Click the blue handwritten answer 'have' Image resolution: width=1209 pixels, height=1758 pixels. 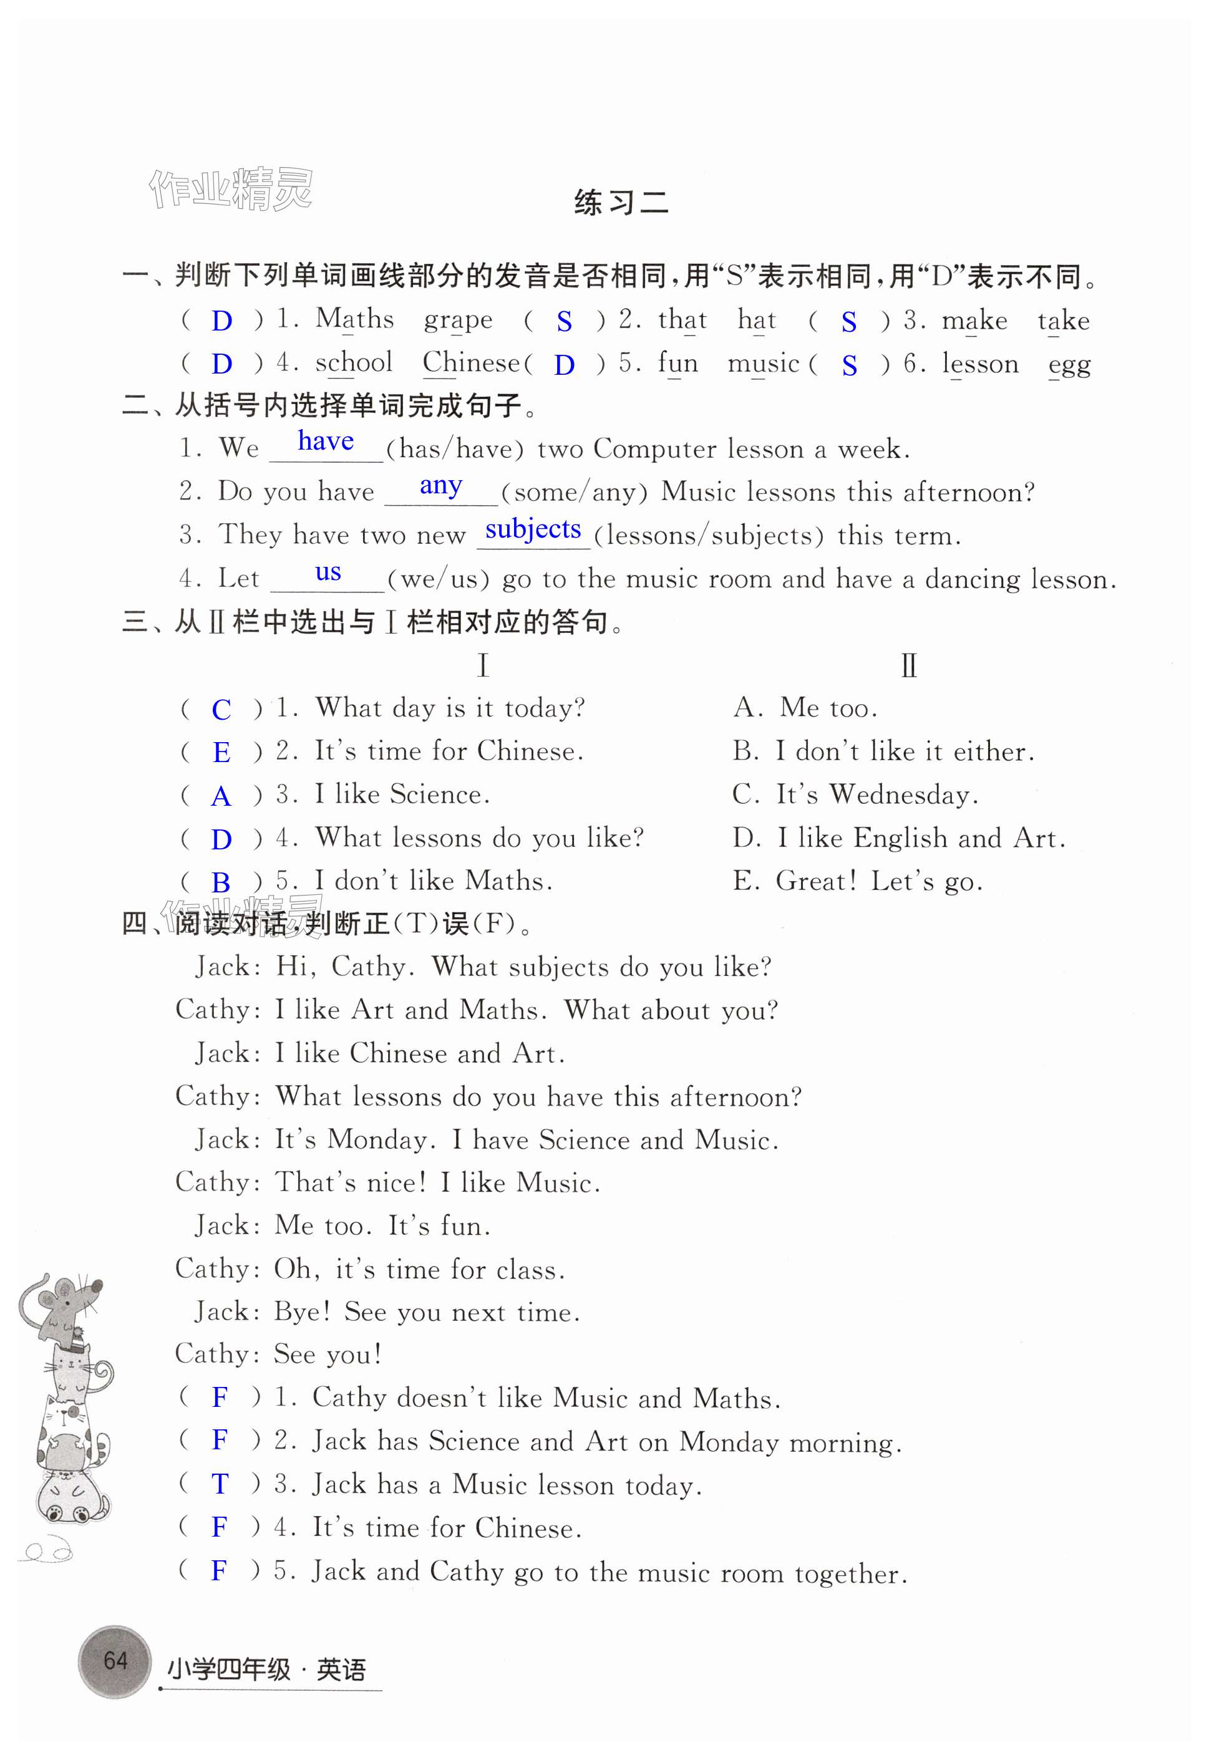pyautogui.click(x=326, y=441)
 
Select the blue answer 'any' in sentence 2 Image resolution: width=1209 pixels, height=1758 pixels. pyautogui.click(x=441, y=485)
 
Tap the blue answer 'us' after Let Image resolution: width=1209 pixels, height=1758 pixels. pyautogui.click(x=328, y=572)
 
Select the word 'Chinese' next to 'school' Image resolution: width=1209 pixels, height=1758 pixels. pyautogui.click(x=471, y=364)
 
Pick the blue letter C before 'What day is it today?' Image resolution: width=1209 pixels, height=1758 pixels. pyautogui.click(x=221, y=710)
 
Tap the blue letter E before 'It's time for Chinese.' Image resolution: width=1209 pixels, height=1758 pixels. pyautogui.click(x=221, y=753)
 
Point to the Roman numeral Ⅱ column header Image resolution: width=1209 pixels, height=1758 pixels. pyautogui.click(x=908, y=665)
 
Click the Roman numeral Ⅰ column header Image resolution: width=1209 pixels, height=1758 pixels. pyautogui.click(x=483, y=665)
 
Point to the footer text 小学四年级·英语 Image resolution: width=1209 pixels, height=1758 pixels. pyautogui.click(x=266, y=1669)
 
